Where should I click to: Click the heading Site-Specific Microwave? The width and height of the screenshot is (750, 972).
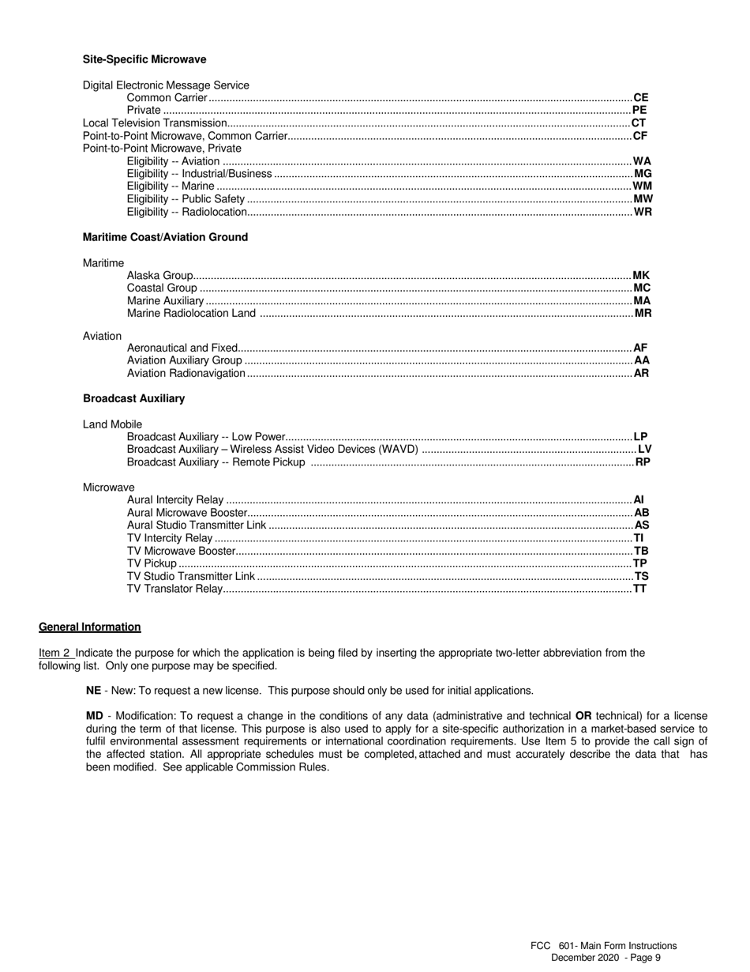(x=144, y=59)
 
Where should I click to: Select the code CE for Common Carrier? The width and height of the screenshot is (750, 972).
(x=640, y=98)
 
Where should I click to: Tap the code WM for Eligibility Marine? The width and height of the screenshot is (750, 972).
(x=642, y=186)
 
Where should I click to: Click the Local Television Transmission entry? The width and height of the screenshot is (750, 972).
(x=155, y=123)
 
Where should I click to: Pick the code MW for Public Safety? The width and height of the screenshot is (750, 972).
(x=643, y=199)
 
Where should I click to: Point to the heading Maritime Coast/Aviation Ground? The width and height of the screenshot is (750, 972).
(x=165, y=237)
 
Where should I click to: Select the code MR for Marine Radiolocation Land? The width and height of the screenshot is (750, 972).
(x=643, y=314)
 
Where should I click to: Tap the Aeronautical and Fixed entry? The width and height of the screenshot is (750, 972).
(x=182, y=348)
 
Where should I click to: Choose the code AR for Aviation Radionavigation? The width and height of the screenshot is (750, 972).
(x=641, y=373)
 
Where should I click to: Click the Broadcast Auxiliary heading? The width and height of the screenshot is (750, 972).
(x=133, y=398)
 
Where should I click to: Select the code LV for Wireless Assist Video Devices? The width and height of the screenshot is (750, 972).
(x=644, y=450)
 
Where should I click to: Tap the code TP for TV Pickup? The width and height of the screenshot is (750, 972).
(x=639, y=563)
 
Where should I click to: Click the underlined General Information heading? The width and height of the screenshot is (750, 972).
(x=90, y=627)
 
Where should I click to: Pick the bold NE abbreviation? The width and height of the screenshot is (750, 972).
(x=93, y=691)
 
